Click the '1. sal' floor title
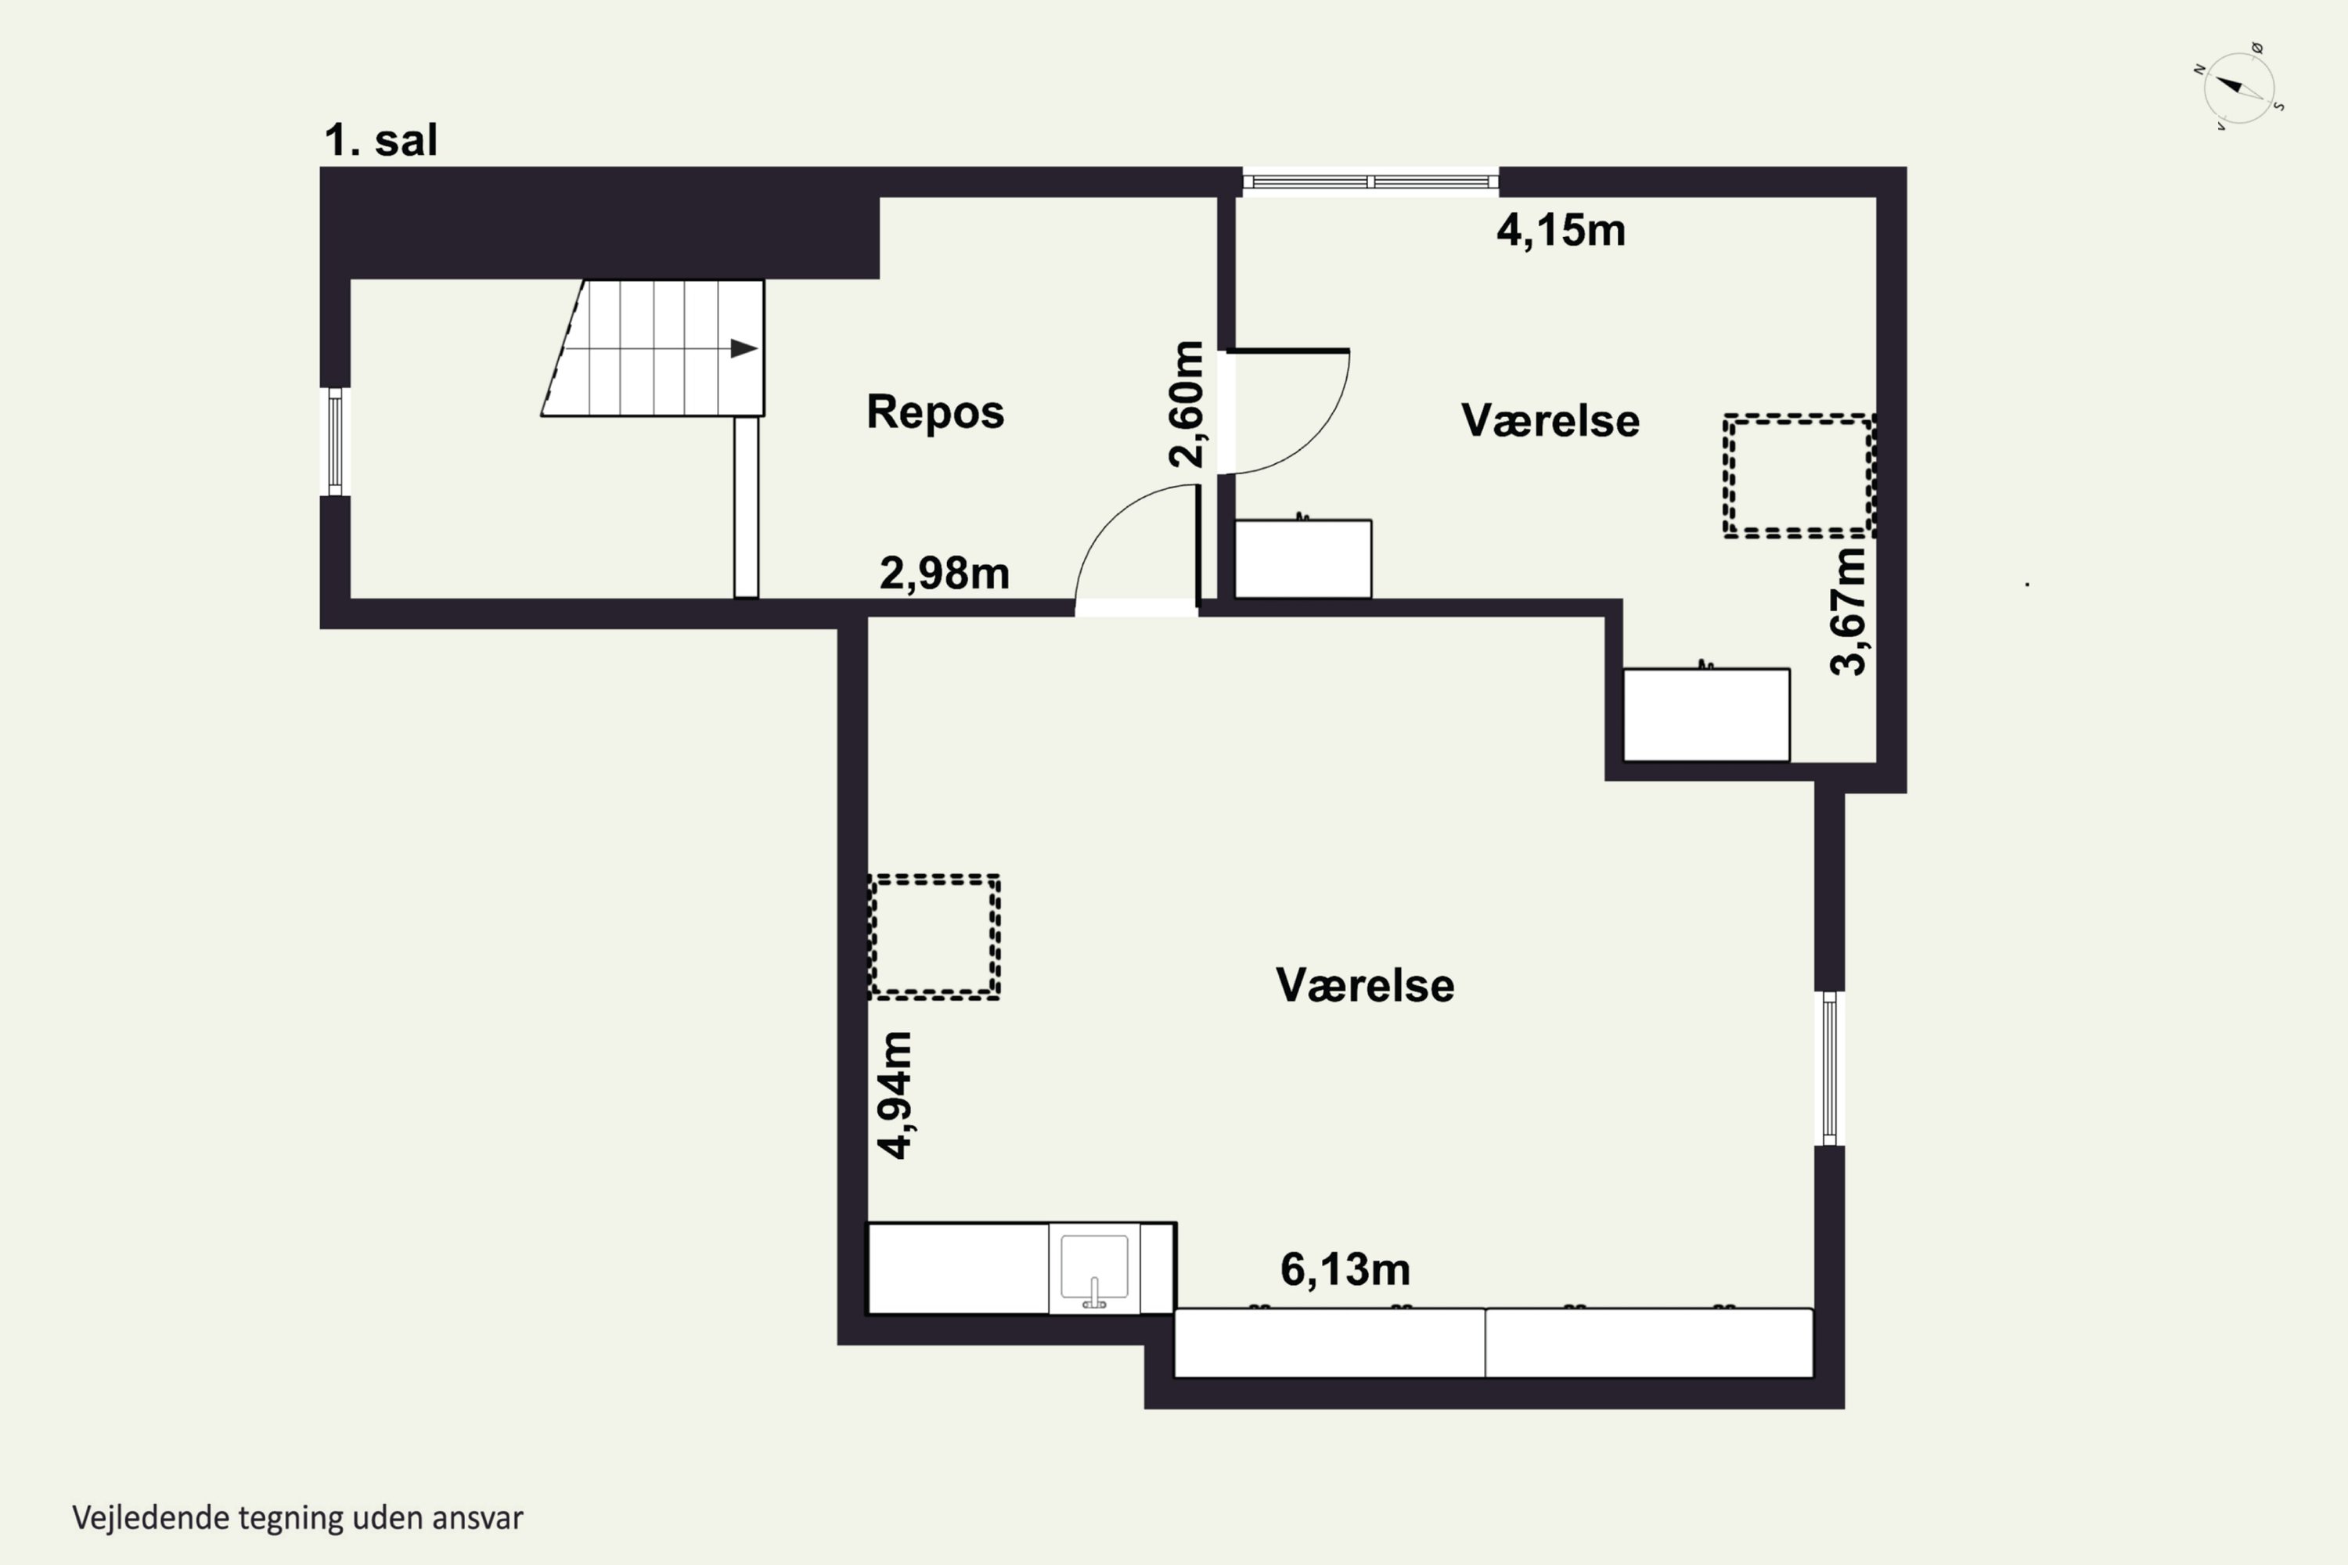click(380, 141)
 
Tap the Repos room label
click(935, 412)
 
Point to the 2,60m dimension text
click(1187, 405)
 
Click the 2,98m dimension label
click(945, 573)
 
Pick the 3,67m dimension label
click(1848, 612)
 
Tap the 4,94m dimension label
click(895, 1095)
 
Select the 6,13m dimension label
click(1345, 1269)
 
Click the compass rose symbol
click(2239, 88)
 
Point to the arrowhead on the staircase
click(744, 348)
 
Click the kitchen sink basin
click(1094, 1268)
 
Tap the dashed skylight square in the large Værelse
click(935, 937)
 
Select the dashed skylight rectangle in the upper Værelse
click(1799, 476)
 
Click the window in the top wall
click(1370, 182)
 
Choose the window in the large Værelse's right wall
click(1829, 1068)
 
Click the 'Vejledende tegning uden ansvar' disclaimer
click(297, 1518)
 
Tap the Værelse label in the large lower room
click(1365, 985)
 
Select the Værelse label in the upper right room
click(1550, 420)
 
